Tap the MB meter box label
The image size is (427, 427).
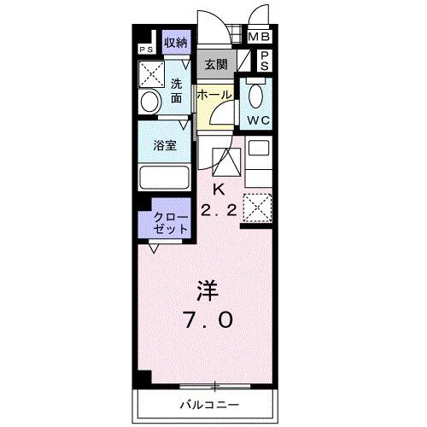coord(257,37)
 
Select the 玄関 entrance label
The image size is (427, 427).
coord(214,64)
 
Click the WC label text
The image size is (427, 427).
coord(259,120)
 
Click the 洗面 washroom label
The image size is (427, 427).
coord(175,91)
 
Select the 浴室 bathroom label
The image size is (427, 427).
coord(165,145)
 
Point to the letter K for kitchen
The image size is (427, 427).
coord(217,189)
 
